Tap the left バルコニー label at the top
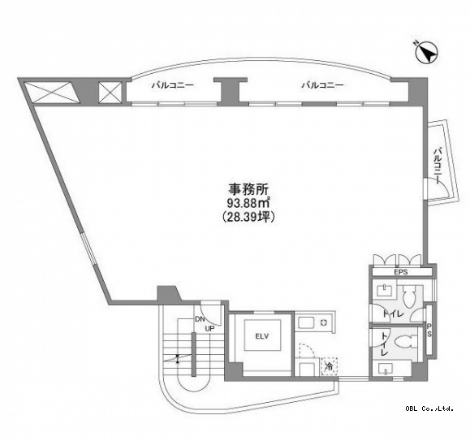172,85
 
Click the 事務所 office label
248,189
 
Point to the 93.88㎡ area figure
248,203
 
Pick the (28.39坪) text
248,217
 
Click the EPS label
401,272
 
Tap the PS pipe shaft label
429,330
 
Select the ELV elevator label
262,336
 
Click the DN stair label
200,319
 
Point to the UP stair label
209,329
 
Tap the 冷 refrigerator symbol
329,366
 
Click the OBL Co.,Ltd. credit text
429,409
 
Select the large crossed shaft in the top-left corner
52,93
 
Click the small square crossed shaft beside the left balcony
110,93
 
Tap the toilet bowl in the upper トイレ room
409,296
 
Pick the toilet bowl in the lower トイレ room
405,343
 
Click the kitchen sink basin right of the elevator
305,323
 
